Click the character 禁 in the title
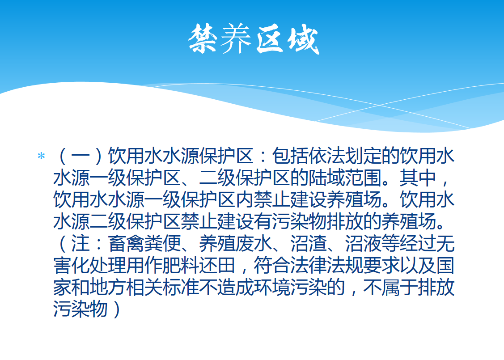(203, 39)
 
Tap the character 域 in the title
(303, 40)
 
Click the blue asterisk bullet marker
(41, 156)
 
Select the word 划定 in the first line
(363, 156)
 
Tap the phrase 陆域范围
(344, 178)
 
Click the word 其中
(418, 178)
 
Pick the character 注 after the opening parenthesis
(80, 243)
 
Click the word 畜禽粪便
(144, 243)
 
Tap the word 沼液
(363, 243)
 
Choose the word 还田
(217, 265)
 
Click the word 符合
(271, 265)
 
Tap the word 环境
(272, 287)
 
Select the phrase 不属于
(390, 287)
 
